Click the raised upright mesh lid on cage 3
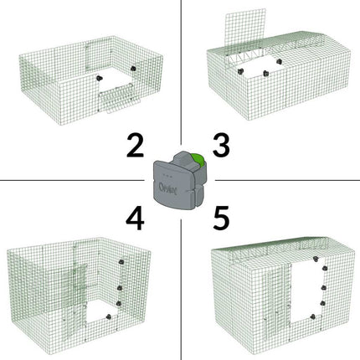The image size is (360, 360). point(245,31)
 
